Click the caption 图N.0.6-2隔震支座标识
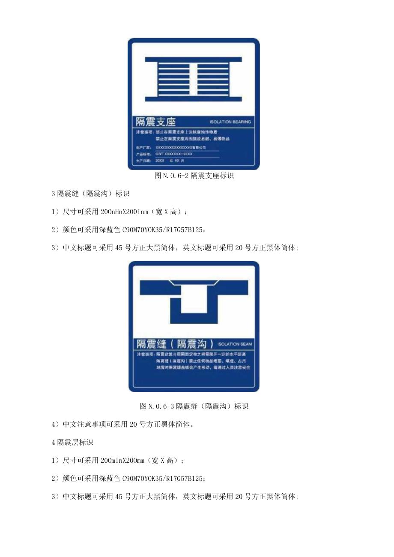click(194, 176)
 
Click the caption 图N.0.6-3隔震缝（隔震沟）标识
click(194, 406)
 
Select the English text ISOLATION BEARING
click(230, 122)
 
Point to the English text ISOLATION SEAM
click(235, 344)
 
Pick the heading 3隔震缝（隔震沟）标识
click(90, 194)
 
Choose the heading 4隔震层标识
click(72, 442)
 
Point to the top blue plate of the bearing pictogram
click(193, 60)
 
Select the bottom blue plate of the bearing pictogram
click(193, 99)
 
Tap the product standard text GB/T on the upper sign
click(160, 154)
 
